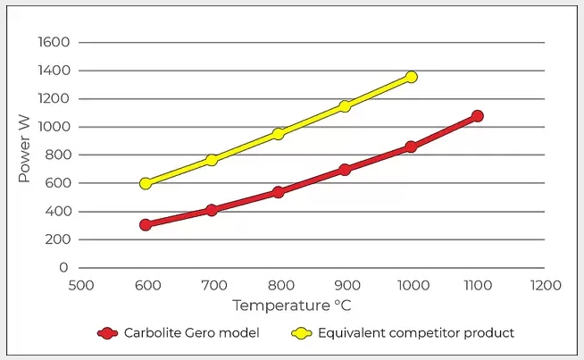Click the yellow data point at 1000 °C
[411, 77]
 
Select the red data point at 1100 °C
[478, 116]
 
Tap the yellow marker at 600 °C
[146, 183]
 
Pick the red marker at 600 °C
[146, 224]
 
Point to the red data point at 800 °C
[278, 191]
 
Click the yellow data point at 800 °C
[278, 134]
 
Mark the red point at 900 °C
[345, 169]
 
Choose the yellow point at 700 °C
[212, 160]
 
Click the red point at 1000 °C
[411, 147]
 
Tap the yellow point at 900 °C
[345, 106]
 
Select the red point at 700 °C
[212, 210]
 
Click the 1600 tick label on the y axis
[54, 42]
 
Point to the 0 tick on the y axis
[64, 267]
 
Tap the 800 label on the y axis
[57, 155]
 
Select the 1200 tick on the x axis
[545, 286]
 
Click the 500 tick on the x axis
[80, 286]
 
